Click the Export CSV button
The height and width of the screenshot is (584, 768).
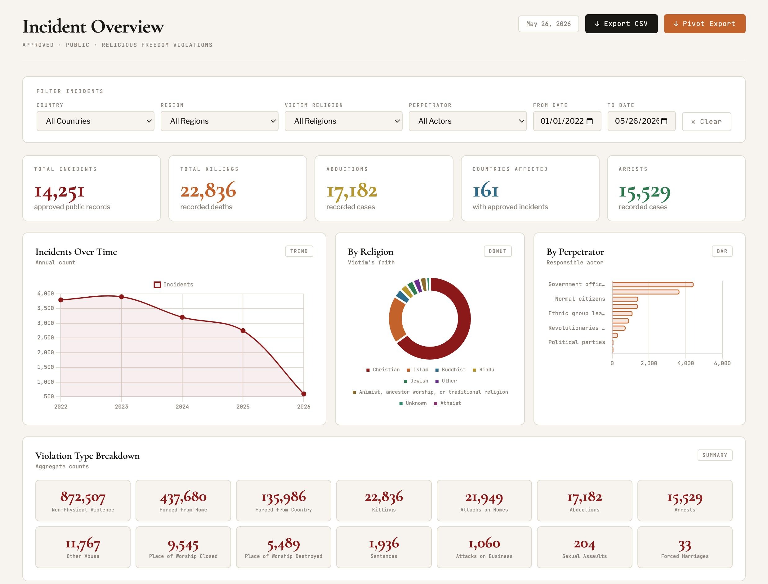(621, 24)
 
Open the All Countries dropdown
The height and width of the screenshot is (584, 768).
(95, 121)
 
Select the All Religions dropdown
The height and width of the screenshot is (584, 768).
(343, 121)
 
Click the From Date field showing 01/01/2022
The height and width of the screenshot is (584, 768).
(567, 121)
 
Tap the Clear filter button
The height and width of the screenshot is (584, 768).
(707, 122)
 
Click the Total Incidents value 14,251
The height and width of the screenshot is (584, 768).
(59, 191)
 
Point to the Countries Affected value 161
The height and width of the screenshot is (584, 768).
(485, 190)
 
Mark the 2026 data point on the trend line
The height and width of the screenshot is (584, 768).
(304, 394)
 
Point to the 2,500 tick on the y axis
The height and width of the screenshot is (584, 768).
(46, 338)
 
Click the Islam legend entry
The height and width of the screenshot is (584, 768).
(417, 369)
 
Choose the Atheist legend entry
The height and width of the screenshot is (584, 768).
(447, 403)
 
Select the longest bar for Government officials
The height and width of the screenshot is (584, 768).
(653, 285)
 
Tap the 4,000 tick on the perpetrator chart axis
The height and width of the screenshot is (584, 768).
(685, 363)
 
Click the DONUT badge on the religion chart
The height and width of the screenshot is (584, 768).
(498, 251)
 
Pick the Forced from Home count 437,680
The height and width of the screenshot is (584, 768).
(183, 497)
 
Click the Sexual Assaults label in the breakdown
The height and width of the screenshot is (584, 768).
(584, 556)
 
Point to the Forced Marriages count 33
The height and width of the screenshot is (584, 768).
(685, 545)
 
